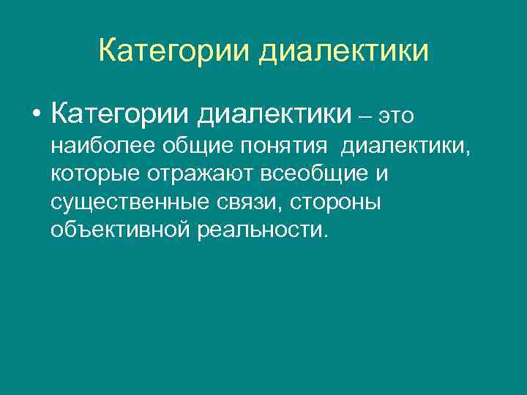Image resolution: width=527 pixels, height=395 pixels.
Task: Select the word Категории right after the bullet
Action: click(121, 114)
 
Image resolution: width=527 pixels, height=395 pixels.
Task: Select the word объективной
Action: click(119, 230)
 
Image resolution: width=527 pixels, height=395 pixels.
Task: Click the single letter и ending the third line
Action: click(383, 175)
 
